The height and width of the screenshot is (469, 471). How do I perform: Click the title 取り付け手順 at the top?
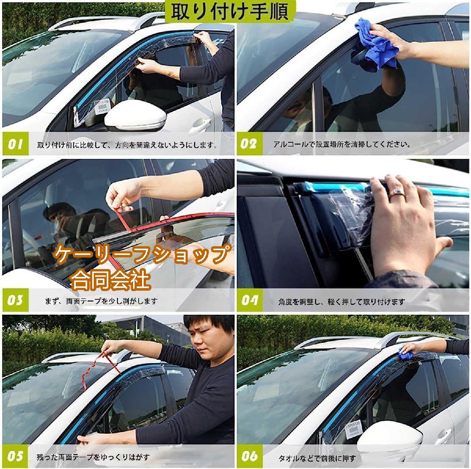(x=230, y=11)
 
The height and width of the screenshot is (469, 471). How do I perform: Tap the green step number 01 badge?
(x=15, y=144)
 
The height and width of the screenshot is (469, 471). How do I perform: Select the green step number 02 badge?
(x=250, y=144)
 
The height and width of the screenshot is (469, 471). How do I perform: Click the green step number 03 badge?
(x=15, y=300)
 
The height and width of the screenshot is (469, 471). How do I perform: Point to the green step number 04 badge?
(x=250, y=300)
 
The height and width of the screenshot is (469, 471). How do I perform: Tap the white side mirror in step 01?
(x=136, y=115)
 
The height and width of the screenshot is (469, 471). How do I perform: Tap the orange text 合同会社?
(x=110, y=279)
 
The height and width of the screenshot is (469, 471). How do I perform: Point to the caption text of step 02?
(x=342, y=144)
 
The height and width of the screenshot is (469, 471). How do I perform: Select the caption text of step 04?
(x=342, y=302)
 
